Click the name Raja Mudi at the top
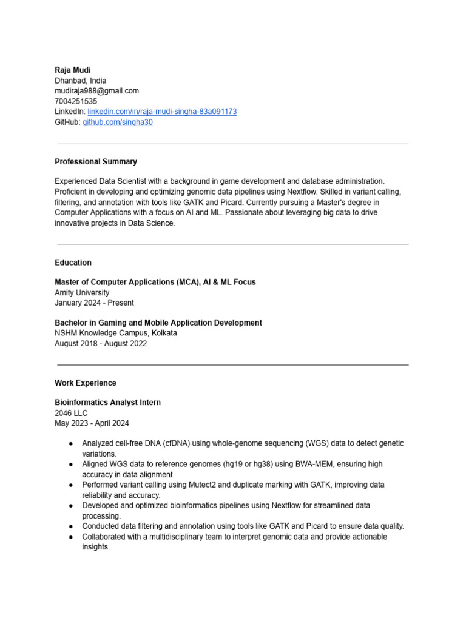point(73,70)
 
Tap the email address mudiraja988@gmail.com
point(96,91)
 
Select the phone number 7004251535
point(76,101)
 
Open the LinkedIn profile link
point(162,112)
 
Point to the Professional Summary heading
point(96,162)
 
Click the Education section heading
point(73,263)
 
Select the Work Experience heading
point(85,383)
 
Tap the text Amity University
point(82,292)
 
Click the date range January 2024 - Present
point(94,303)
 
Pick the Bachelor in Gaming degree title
point(158,323)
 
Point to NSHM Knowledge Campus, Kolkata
point(116,333)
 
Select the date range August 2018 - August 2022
point(101,343)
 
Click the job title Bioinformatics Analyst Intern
point(107,403)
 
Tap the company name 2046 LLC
point(71,413)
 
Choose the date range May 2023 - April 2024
point(92,423)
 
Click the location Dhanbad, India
point(81,81)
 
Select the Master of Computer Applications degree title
point(155,282)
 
